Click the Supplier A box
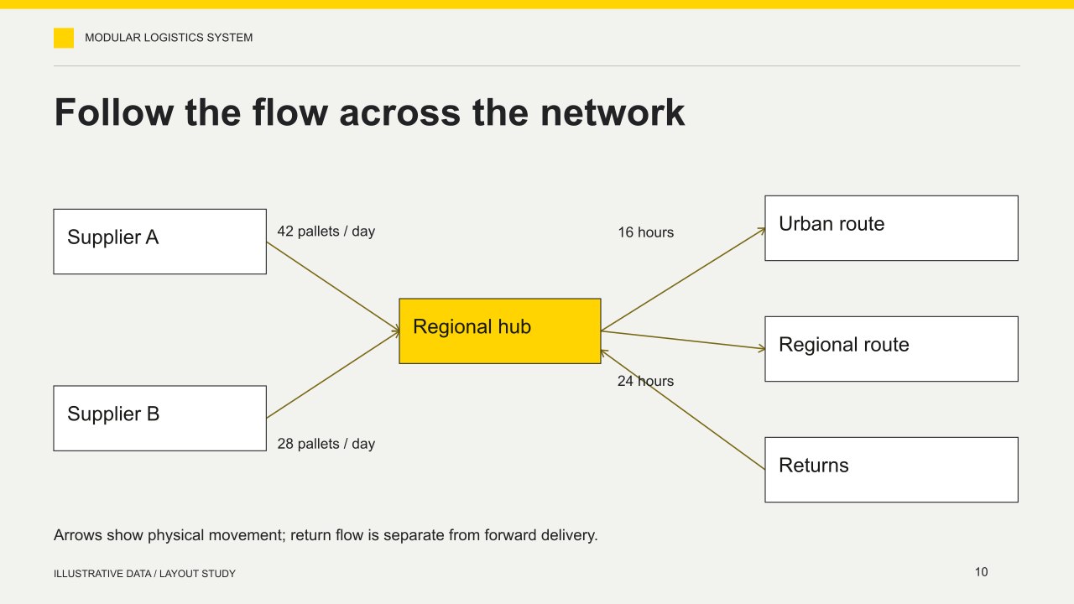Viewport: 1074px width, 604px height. (x=159, y=242)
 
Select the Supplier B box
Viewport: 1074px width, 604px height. (x=159, y=418)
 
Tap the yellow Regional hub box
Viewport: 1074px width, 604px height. (x=499, y=331)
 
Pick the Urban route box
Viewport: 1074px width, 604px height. (x=891, y=228)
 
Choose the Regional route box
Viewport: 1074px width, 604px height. (x=891, y=349)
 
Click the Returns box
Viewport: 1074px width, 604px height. (x=891, y=470)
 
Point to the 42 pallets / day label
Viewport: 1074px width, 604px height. (x=326, y=232)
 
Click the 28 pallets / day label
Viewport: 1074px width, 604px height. (x=326, y=444)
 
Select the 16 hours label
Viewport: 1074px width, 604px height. (x=645, y=232)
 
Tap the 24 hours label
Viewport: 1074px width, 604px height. (x=645, y=381)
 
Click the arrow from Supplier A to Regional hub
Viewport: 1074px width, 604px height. (x=333, y=286)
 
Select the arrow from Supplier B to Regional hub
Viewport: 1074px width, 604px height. (x=333, y=374)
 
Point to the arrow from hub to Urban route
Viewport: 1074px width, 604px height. (x=683, y=279)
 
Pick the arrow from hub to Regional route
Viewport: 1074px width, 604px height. (x=683, y=340)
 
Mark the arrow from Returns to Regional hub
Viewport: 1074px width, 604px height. (x=683, y=410)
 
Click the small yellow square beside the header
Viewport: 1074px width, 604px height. (x=64, y=38)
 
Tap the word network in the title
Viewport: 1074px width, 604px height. (x=613, y=112)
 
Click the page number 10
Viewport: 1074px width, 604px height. (x=981, y=572)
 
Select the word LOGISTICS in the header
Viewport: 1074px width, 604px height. (x=174, y=38)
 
